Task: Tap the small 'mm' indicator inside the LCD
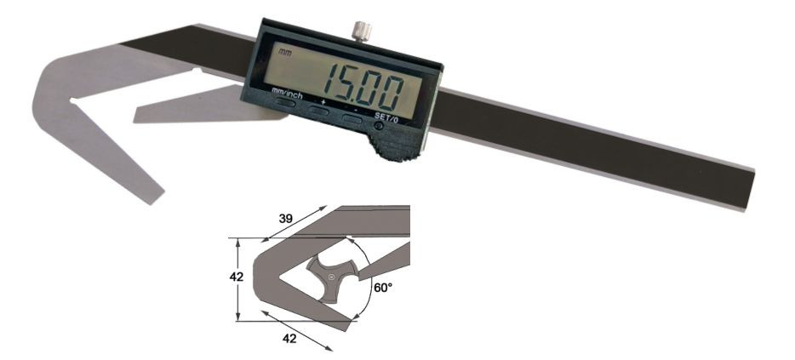(284, 51)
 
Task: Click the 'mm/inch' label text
(287, 93)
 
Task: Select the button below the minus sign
(352, 119)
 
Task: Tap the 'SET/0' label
(385, 116)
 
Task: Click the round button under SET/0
(379, 126)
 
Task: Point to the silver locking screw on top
(362, 31)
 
